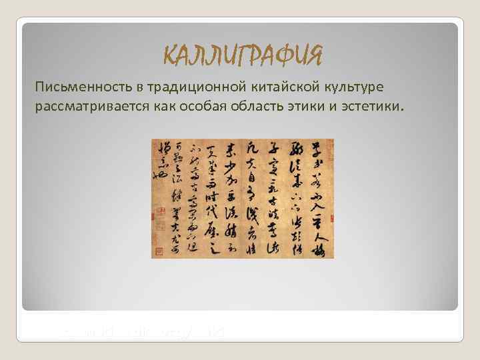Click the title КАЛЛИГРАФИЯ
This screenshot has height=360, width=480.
[x=243, y=56]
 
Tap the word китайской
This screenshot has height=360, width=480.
[x=273, y=89]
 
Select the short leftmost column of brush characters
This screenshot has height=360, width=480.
[x=160, y=160]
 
